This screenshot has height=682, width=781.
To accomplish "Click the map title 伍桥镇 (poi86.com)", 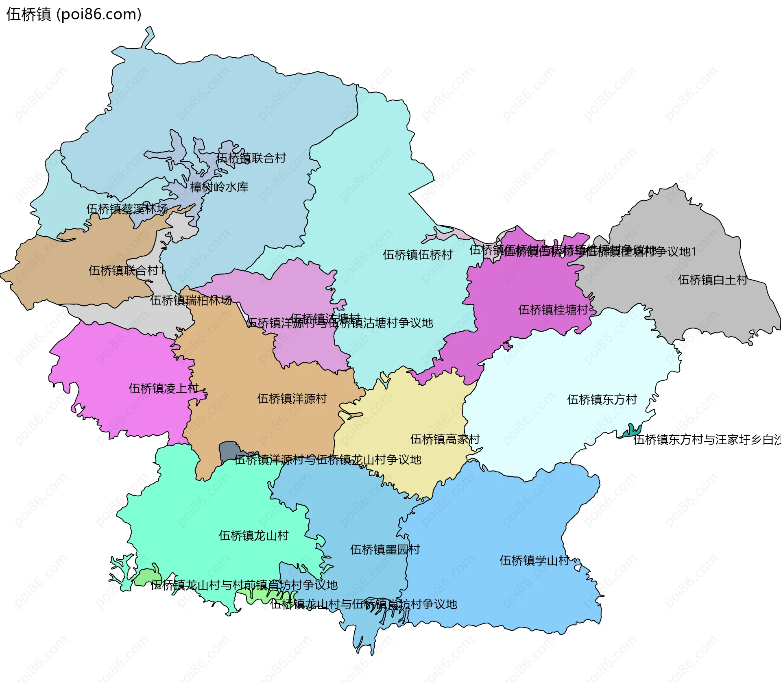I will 74,14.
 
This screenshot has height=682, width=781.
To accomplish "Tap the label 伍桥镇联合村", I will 251,158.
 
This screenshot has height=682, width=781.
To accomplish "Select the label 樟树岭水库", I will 219,187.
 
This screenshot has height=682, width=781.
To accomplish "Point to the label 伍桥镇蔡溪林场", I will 127,209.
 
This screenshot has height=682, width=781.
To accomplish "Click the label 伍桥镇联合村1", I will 127,271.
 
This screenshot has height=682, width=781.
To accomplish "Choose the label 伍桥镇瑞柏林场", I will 191,300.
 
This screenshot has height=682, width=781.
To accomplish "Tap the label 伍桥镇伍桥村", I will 418,255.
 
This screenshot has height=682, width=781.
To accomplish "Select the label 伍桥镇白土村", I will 713,280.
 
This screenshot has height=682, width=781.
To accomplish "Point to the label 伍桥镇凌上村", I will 164,389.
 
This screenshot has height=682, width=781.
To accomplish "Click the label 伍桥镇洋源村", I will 292,399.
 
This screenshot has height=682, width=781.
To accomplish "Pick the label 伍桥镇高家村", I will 445,439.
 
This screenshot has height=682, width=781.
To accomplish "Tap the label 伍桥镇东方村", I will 602,400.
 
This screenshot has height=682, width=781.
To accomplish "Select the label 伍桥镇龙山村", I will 254,536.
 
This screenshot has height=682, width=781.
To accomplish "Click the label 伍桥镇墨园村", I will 385,550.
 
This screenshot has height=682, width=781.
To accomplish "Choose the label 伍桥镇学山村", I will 534,561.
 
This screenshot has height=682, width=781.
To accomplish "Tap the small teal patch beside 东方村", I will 632,431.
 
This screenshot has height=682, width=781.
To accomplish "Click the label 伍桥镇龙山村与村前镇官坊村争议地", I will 244,585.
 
